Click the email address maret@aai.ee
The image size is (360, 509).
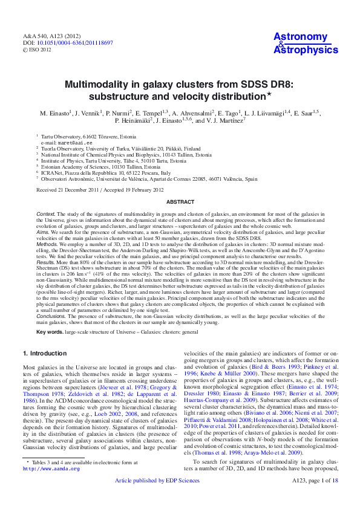pos(64,143)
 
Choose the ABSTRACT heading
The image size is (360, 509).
pos(180,202)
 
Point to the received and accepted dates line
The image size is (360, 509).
pos(100,189)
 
